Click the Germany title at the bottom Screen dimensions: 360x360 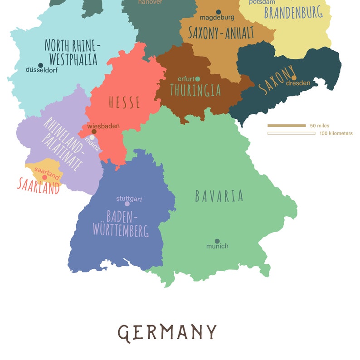click(167, 332)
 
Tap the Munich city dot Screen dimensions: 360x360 click(217, 241)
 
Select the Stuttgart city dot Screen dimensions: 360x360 click(127, 204)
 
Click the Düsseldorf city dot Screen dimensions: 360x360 click(40, 65)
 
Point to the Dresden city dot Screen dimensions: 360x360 click(294, 78)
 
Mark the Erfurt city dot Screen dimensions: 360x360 click(198, 79)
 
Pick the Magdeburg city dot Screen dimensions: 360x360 click(218, 12)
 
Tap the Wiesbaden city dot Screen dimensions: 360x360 click(94, 131)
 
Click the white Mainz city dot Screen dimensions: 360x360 click(92, 137)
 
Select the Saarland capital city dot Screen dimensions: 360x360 click(44, 177)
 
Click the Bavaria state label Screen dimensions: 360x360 click(219, 196)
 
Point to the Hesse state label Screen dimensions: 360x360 click(124, 102)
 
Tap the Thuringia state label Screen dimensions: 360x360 click(195, 90)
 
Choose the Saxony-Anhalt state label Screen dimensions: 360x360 click(221, 33)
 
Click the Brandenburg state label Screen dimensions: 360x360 click(293, 12)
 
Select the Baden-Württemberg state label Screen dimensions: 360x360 click(121, 223)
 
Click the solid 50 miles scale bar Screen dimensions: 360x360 click(287, 126)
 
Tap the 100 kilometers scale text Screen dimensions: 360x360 click(336, 133)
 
